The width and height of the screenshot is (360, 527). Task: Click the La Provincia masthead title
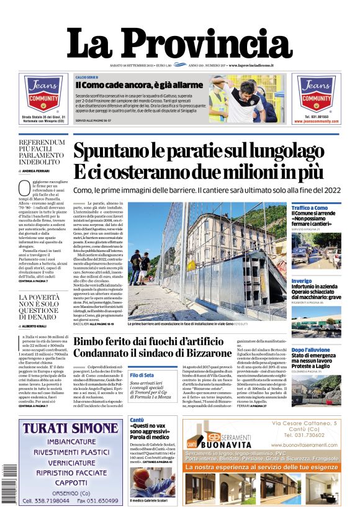tap(179, 43)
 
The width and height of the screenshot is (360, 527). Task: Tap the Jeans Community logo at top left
tap(43, 93)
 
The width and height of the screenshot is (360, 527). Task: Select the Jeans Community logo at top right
tap(316, 92)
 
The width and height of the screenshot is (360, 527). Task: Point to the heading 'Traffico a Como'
tap(310, 208)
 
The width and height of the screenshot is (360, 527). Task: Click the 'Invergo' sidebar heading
tap(302, 281)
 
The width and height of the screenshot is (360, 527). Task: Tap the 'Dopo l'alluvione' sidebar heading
tap(310, 350)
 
